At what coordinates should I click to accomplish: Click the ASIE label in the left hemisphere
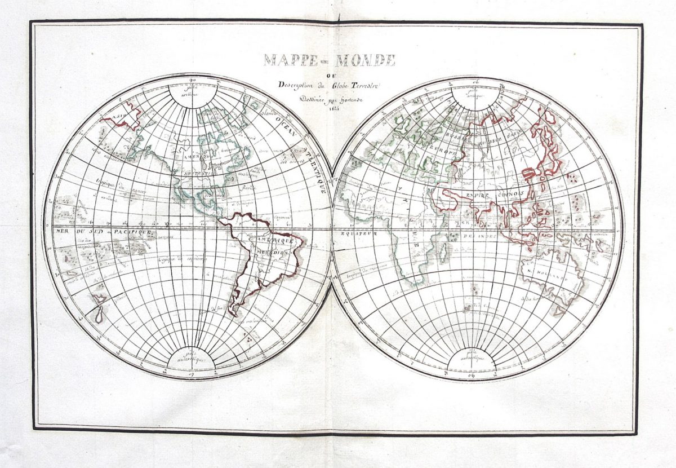(118, 117)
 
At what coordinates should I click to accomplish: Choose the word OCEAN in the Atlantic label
(282, 122)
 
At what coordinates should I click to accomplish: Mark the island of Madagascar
(443, 249)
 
